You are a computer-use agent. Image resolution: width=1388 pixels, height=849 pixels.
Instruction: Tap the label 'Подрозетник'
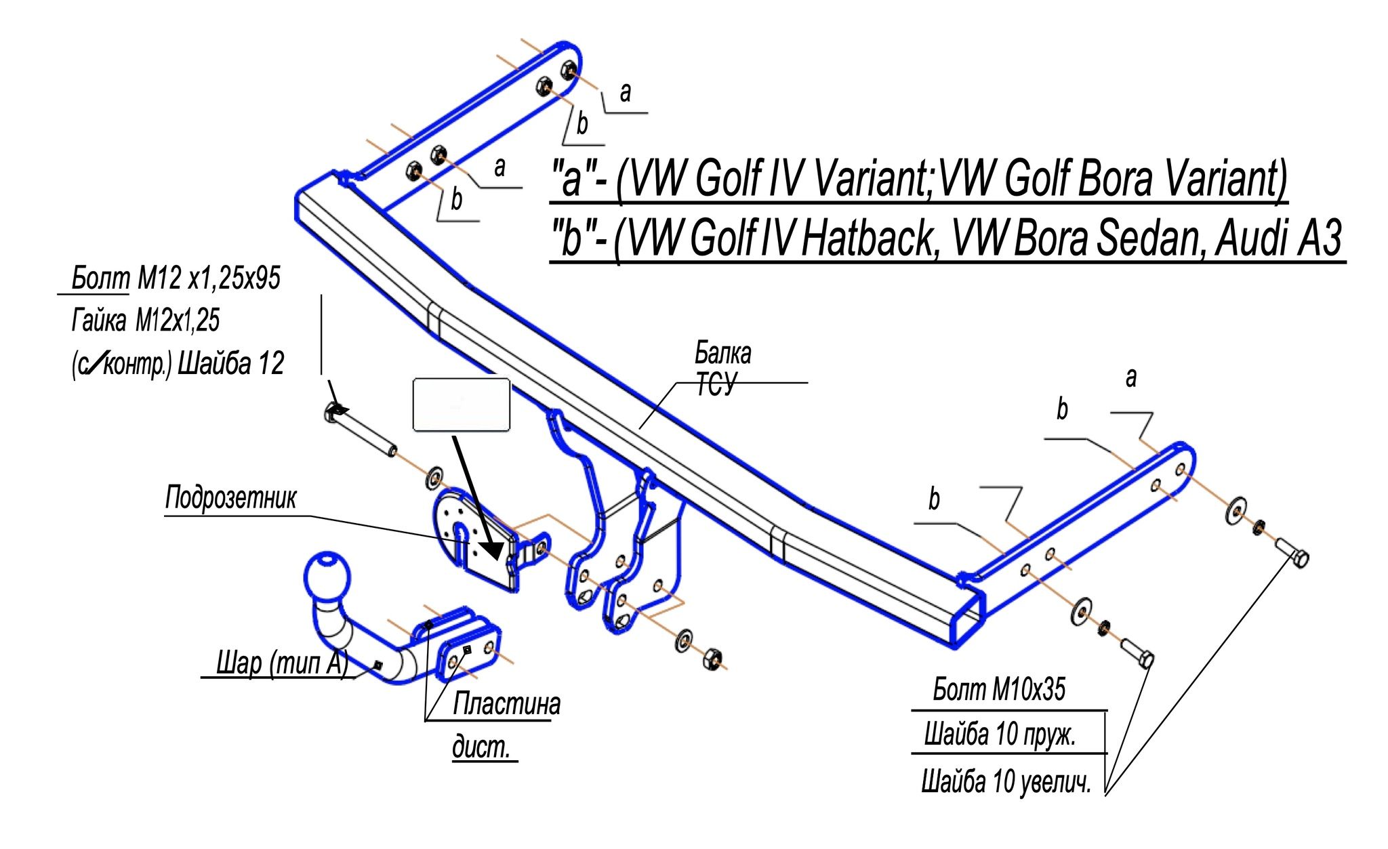click(x=230, y=498)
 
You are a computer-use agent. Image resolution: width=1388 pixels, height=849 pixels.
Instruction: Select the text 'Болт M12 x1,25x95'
click(x=176, y=278)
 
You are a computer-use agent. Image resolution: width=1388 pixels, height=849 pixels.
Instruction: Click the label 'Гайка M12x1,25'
click(x=146, y=320)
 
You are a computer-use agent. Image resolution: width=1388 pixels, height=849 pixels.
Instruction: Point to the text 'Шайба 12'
click(x=230, y=364)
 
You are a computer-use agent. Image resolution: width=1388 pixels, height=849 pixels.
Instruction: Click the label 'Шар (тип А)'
click(x=282, y=663)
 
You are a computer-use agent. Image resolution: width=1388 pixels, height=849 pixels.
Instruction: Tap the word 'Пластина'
click(x=506, y=704)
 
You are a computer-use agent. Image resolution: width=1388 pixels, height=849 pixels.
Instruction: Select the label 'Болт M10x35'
click(x=999, y=690)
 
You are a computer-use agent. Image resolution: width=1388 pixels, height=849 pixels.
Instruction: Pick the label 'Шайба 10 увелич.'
click(x=1006, y=781)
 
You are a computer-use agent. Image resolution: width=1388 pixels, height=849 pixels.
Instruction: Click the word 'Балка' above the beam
click(x=723, y=353)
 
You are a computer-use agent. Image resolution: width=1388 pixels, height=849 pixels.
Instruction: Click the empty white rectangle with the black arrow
click(x=461, y=405)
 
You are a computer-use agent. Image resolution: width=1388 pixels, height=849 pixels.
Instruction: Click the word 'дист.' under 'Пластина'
click(x=481, y=747)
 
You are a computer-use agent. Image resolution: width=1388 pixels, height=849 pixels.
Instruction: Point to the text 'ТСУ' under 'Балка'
click(x=715, y=385)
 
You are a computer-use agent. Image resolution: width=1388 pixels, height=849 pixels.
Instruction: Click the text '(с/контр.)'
click(x=121, y=365)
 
